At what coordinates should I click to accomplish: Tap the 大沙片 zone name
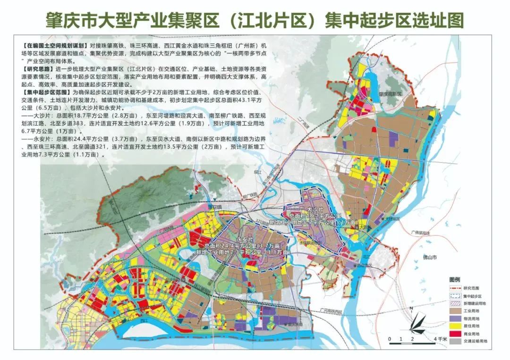click(315, 209)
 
